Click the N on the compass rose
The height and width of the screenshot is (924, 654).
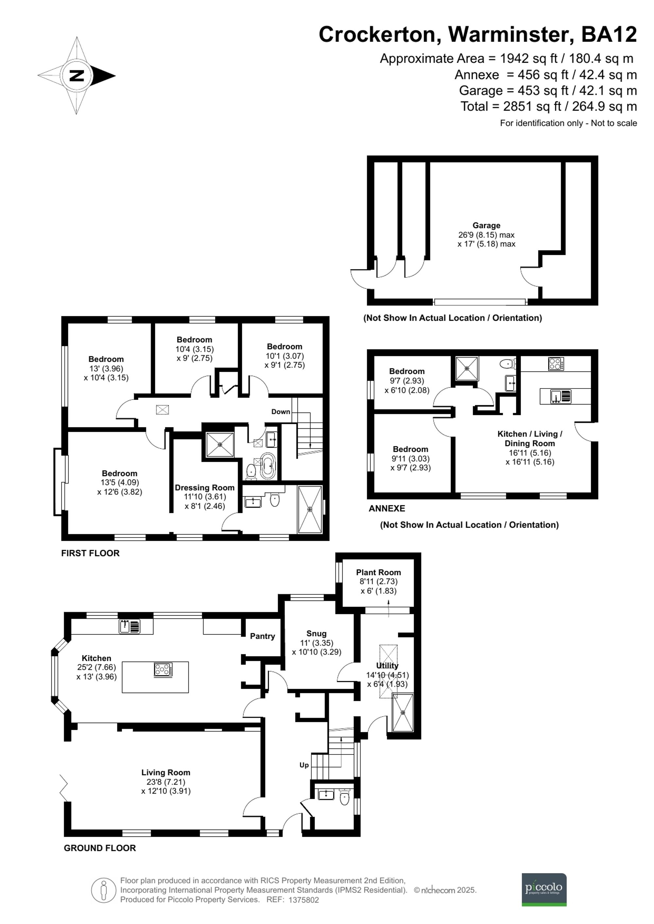[x=77, y=75]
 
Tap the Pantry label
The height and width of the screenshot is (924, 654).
[x=262, y=636]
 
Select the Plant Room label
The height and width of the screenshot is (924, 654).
[x=378, y=572]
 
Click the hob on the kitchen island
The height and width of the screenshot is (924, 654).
[x=163, y=670]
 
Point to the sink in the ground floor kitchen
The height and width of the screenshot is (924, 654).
[x=129, y=627]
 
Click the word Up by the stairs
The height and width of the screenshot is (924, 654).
[x=304, y=765]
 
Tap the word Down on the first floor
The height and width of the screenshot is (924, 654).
[x=281, y=411]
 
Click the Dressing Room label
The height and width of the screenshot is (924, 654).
[x=205, y=487]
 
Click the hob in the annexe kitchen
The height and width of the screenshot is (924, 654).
[x=556, y=364]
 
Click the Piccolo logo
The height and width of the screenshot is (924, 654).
[x=544, y=889]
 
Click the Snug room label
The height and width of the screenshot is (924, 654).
[x=316, y=634]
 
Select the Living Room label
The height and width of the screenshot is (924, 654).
[x=165, y=772]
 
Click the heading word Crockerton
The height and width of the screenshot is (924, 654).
[x=377, y=34]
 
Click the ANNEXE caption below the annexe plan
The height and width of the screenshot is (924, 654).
[x=387, y=508]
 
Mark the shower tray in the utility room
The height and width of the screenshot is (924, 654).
[x=403, y=713]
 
